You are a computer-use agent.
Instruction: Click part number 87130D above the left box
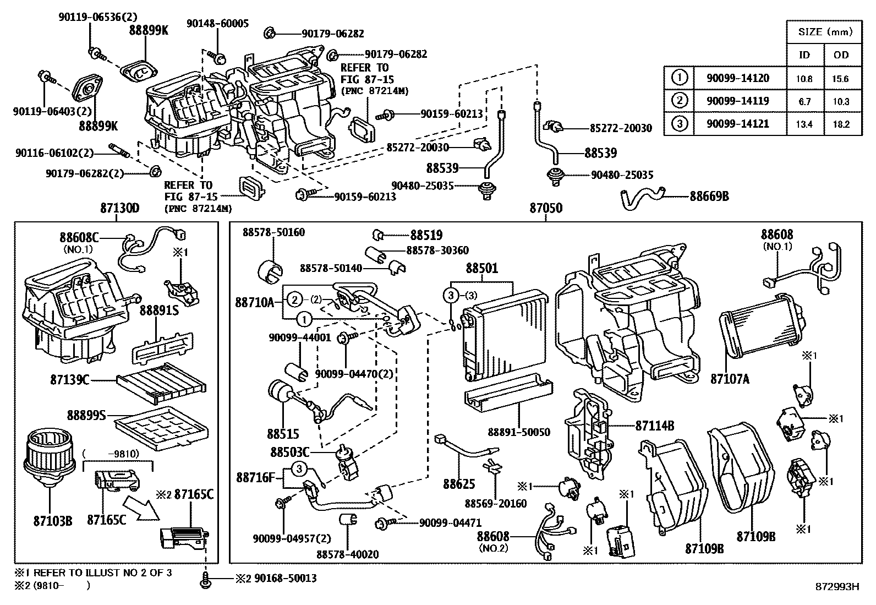(x=119, y=209)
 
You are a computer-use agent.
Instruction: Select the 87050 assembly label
(x=546, y=209)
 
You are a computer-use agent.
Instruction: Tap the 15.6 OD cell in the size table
(x=840, y=79)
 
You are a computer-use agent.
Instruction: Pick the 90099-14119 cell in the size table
(x=738, y=101)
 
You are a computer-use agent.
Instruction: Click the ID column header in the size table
(x=804, y=54)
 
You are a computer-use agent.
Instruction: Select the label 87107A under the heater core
(x=730, y=379)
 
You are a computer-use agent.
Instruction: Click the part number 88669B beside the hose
(x=709, y=195)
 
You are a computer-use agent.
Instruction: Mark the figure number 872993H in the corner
(x=837, y=587)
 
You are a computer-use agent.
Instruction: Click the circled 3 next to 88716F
(x=298, y=469)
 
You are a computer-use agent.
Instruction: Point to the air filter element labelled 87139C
(x=160, y=383)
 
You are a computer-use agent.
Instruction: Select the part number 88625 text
(x=459, y=484)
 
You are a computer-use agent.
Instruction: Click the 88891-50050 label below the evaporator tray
(x=519, y=432)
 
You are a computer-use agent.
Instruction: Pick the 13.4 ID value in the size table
(x=804, y=124)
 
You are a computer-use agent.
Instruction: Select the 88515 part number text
(x=283, y=434)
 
